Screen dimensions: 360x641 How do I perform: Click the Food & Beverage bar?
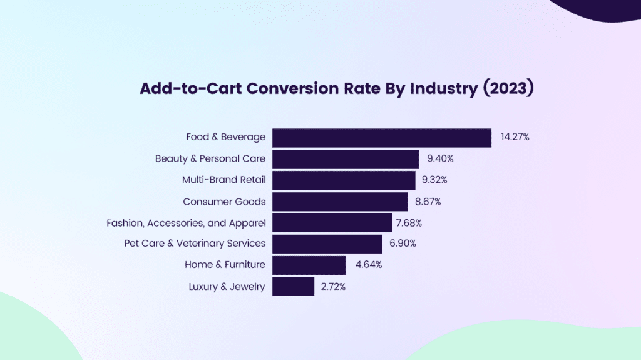(381, 137)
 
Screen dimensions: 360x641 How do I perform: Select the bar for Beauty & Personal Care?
(346, 158)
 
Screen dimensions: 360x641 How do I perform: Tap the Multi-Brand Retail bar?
(344, 180)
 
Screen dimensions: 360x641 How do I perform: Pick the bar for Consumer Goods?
(340, 202)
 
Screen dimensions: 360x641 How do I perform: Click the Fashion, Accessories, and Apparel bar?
(332, 222)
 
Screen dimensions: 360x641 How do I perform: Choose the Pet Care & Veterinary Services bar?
(327, 244)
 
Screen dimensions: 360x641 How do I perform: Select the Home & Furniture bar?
(309, 265)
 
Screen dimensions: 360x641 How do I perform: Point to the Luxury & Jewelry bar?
(293, 286)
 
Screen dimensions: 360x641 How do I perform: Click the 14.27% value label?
(515, 136)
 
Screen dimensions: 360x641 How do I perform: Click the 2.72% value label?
(332, 287)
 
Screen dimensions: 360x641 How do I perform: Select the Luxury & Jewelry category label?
(227, 287)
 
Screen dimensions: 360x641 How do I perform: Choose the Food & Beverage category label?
(225, 136)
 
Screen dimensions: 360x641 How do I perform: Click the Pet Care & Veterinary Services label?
(195, 243)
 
